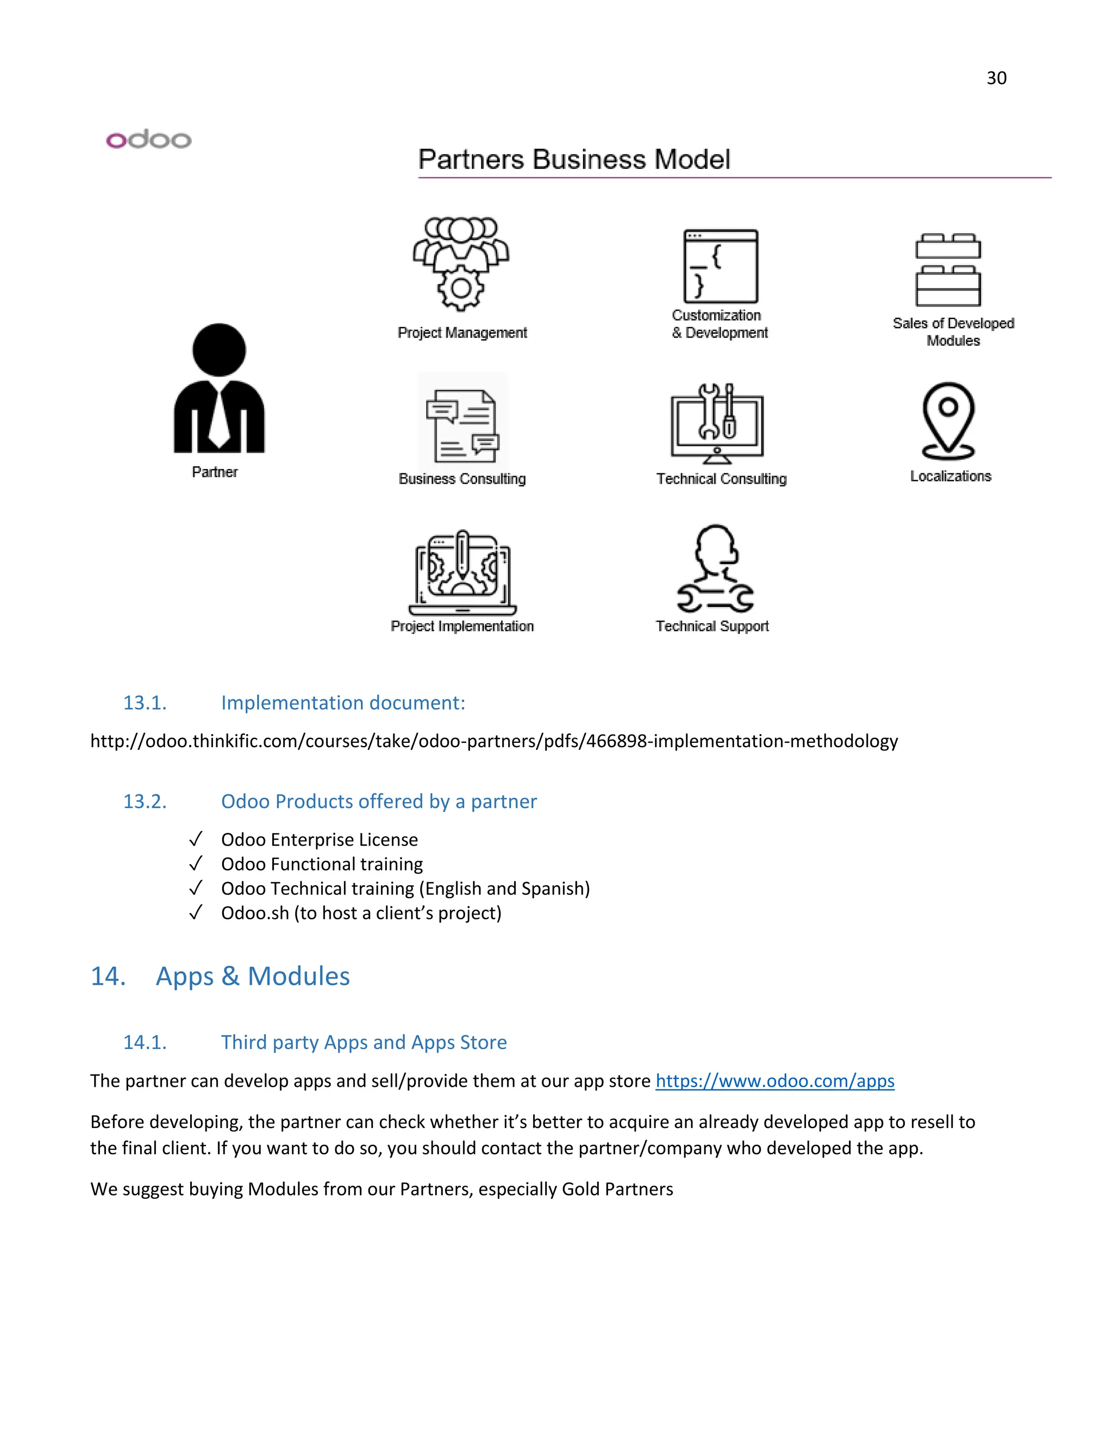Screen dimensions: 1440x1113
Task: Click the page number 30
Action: tap(996, 78)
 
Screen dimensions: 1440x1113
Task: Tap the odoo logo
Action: tap(148, 139)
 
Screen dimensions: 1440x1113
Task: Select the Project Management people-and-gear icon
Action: tap(461, 264)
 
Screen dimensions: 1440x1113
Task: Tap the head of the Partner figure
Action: tap(219, 350)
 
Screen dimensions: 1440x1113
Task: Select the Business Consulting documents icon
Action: tap(462, 425)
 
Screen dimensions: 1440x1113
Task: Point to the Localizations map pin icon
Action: tap(948, 421)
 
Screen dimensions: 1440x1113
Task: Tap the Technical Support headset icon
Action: tap(715, 568)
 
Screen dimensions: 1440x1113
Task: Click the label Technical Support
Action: tap(712, 627)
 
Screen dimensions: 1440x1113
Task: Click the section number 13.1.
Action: tap(145, 703)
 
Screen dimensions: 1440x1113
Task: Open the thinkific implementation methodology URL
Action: tap(494, 741)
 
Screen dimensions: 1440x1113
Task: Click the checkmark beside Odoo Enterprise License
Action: tap(195, 840)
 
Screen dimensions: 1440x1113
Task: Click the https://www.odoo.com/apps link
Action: tap(775, 1081)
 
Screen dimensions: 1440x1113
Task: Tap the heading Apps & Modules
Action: tap(253, 976)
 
